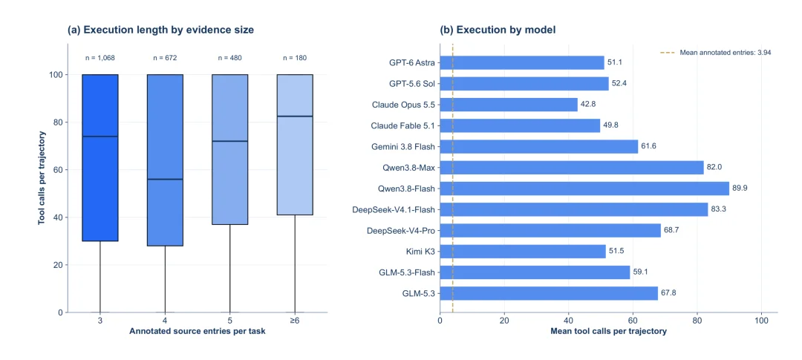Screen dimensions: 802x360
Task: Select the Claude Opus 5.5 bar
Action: click(509, 105)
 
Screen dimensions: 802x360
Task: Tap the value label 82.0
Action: click(714, 168)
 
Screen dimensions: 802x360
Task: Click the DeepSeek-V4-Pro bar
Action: click(550, 231)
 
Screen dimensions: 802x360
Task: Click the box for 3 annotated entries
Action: click(100, 157)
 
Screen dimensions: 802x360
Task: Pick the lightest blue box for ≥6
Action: click(295, 145)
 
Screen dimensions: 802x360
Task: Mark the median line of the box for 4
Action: click(165, 179)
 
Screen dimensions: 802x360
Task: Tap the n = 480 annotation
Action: click(229, 58)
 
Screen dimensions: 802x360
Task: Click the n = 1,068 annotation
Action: click(100, 58)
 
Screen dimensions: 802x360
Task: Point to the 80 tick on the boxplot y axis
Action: click(58, 122)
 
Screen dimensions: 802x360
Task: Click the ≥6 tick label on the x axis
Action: click(295, 320)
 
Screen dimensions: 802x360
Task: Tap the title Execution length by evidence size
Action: click(161, 30)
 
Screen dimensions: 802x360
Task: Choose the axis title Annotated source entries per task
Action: click(198, 331)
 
